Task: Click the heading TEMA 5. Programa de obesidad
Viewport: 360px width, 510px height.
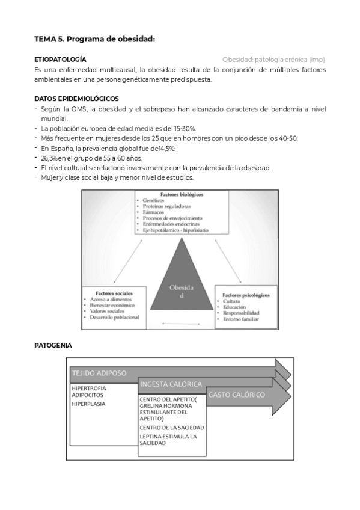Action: pyautogui.click(x=94, y=39)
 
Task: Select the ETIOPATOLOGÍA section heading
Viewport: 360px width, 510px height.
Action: pyautogui.click(x=60, y=60)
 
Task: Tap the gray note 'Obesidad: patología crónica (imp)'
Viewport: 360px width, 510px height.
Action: pyautogui.click(x=273, y=60)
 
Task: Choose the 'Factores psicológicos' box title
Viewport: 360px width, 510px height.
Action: pyautogui.click(x=246, y=295)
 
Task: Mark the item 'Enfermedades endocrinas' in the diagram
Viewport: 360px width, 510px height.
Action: pyautogui.click(x=172, y=223)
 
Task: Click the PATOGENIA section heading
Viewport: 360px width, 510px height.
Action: pyautogui.click(x=53, y=345)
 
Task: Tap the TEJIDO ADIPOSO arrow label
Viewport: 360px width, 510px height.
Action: pyautogui.click(x=99, y=373)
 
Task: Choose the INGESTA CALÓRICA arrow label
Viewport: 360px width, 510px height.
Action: pyautogui.click(x=170, y=384)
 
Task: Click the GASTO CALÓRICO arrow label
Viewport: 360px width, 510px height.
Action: pyautogui.click(x=237, y=395)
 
